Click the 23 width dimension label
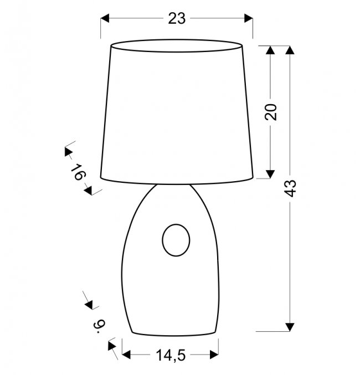pyautogui.click(x=177, y=19)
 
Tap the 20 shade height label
pyautogui.click(x=271, y=112)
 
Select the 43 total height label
pyautogui.click(x=291, y=188)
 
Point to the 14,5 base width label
pyautogui.click(x=171, y=355)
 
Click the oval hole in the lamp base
pyautogui.click(x=176, y=240)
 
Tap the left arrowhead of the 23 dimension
pyautogui.click(x=105, y=18)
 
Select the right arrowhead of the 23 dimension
pyautogui.click(x=249, y=18)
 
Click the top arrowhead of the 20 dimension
pyautogui.click(x=270, y=50)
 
